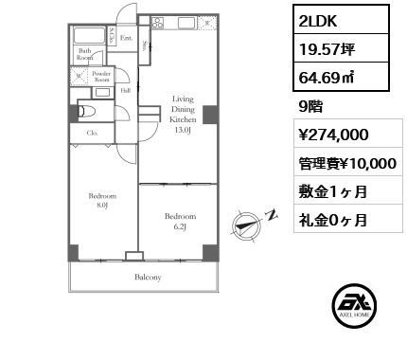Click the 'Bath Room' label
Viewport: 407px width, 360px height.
point(85,55)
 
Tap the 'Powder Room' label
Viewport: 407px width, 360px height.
point(102,78)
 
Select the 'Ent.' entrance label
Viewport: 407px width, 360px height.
point(125,40)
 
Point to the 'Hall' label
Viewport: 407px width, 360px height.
point(124,91)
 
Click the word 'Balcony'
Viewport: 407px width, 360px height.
point(147,278)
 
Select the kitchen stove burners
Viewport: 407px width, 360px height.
point(156,22)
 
